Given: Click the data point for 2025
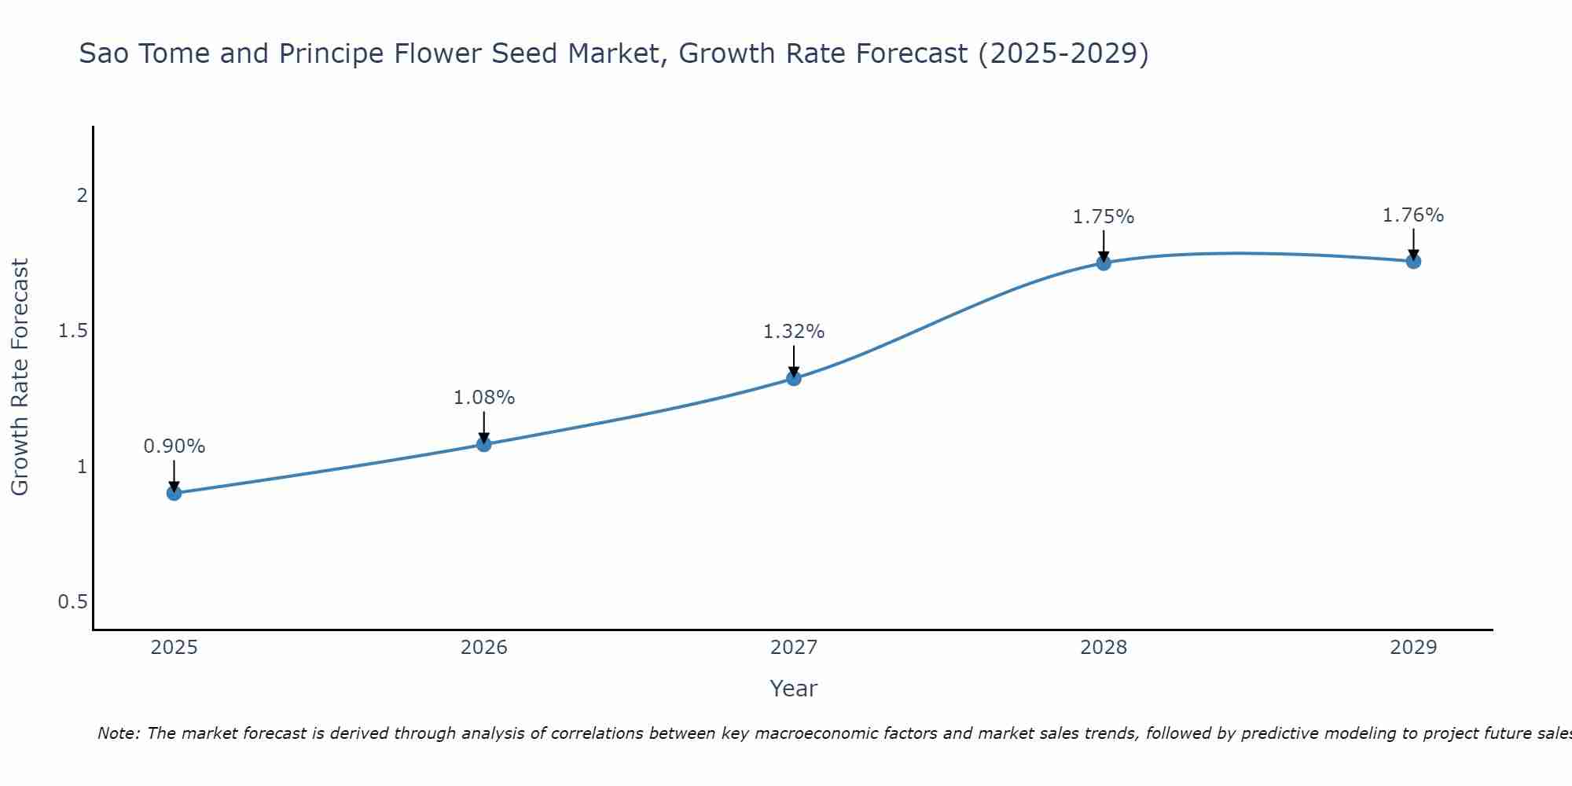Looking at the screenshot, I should (x=174, y=493).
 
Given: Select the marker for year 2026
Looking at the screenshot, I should (x=484, y=444).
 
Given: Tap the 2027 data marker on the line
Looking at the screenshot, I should (x=794, y=378).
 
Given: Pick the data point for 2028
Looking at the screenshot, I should (x=1104, y=263).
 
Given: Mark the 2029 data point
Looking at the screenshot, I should (x=1413, y=261).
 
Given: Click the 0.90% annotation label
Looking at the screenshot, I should (x=174, y=446).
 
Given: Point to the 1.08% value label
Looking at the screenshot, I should (x=484, y=398).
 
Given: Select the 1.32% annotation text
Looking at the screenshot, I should (x=794, y=332).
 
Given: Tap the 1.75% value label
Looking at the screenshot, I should (x=1104, y=217).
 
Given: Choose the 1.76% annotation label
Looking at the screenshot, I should (x=1413, y=215).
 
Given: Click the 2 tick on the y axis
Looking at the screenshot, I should (x=81, y=196).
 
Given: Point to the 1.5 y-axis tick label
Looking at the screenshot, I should (x=72, y=331).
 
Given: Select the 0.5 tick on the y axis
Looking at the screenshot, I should (x=72, y=602).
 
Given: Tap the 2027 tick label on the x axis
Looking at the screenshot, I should (x=794, y=648).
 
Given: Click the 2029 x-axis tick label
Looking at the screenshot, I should (x=1413, y=648).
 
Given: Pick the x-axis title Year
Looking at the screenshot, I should (x=794, y=689).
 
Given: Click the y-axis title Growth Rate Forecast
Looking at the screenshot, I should (x=20, y=377).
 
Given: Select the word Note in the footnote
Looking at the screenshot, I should (x=117, y=733).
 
